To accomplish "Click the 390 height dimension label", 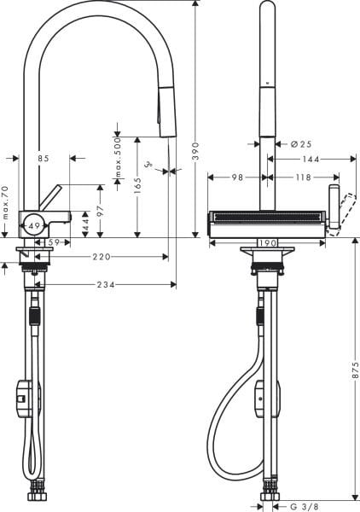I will [195, 152].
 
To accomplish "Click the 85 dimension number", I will [43, 159].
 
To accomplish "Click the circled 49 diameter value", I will [33, 225].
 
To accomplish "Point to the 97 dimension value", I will [100, 210].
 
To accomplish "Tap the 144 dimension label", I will [309, 159].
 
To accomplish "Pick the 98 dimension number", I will [238, 177].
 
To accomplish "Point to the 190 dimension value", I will [267, 242].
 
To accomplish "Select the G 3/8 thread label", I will [305, 506].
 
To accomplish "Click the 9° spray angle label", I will [148, 162].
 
